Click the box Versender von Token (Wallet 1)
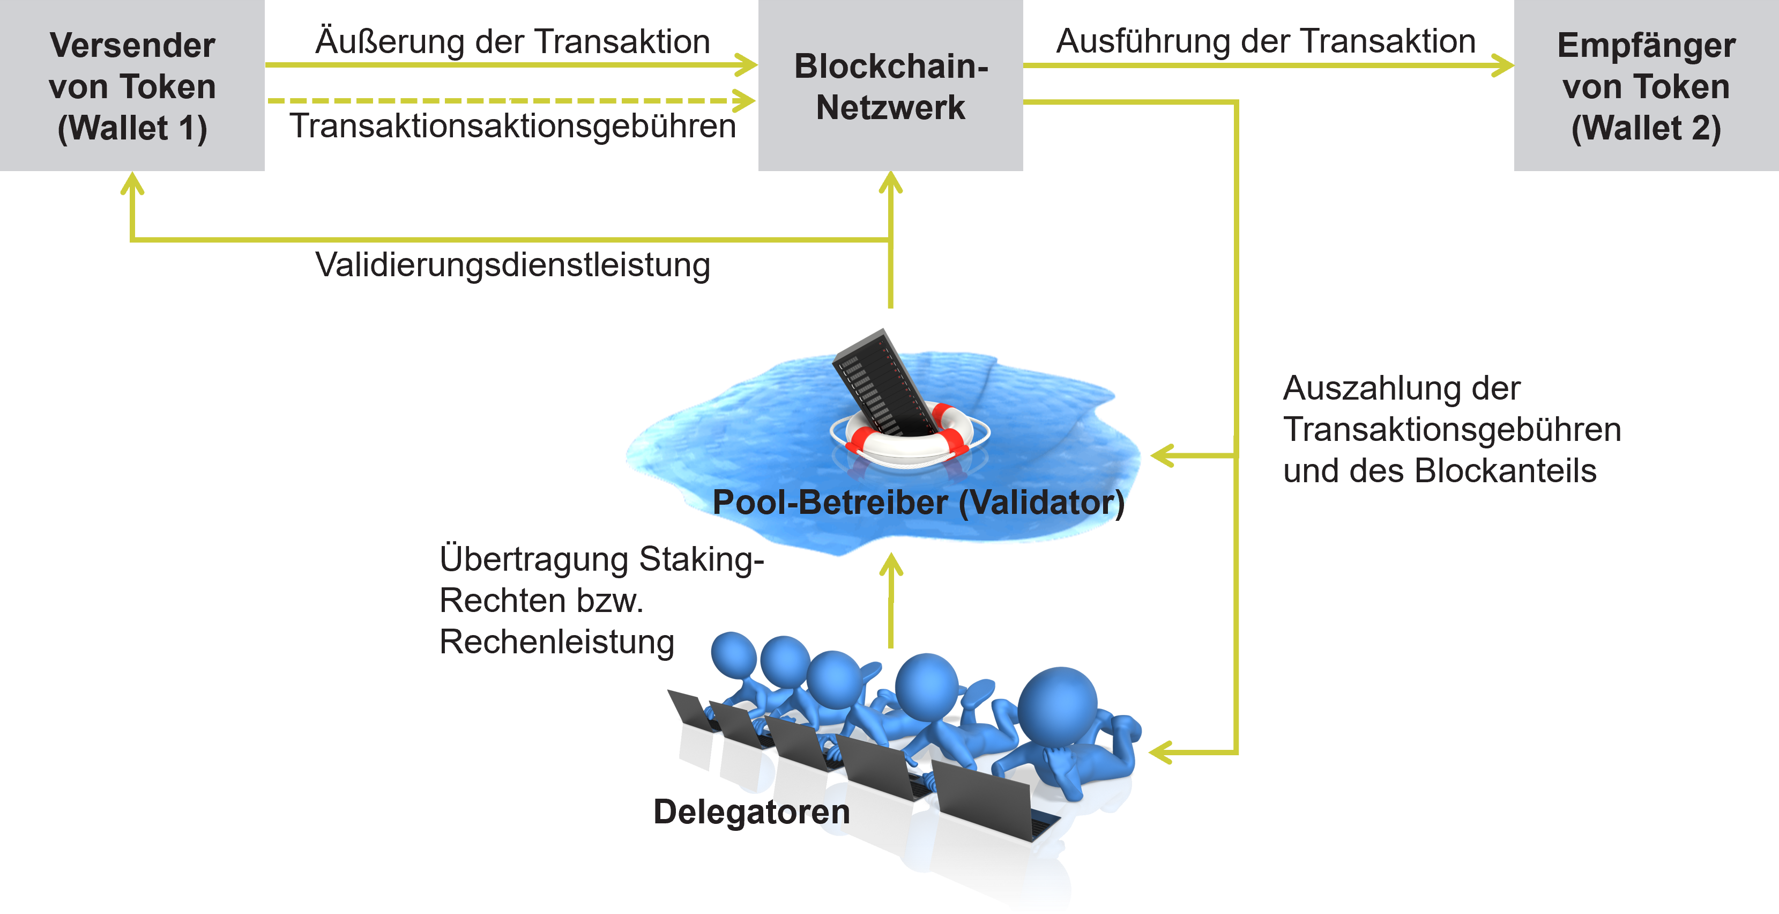tap(132, 86)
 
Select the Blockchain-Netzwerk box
tap(890, 86)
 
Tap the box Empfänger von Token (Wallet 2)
tap(1646, 86)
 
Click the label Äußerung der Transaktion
tap(512, 41)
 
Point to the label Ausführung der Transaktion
tap(1265, 41)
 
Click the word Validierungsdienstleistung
tap(512, 266)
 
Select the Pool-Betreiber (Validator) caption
tap(919, 502)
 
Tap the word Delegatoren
tap(751, 812)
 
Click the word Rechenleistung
tap(556, 642)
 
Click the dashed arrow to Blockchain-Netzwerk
tap(511, 101)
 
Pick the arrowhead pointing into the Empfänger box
tap(1503, 65)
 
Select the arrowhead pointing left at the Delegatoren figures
tap(1162, 751)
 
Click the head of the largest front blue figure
tap(1056, 705)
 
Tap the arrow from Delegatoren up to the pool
tap(891, 601)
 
